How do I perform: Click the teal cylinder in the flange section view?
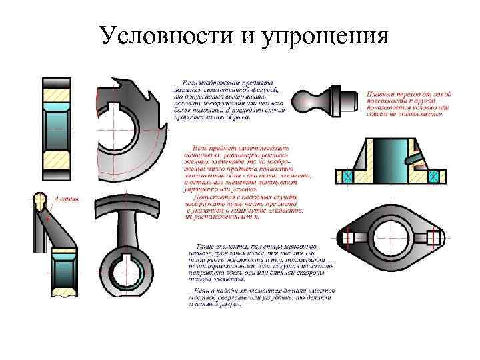coord(390,160)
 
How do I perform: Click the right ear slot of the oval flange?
coord(433,237)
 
